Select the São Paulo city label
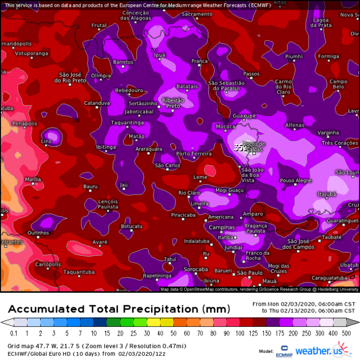pos(250,273)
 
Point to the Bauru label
pos(90,186)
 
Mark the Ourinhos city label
pos(38,233)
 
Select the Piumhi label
pos(294,56)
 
